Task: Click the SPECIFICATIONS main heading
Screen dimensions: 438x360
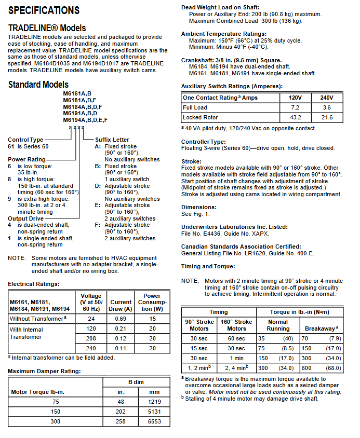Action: (44, 10)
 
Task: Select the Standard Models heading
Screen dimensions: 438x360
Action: (38, 85)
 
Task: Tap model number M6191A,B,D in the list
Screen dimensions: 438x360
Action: (81, 113)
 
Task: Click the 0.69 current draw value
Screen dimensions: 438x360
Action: (121, 319)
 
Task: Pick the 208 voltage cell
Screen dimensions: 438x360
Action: (91, 338)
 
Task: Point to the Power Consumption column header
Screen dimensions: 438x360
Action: (152, 302)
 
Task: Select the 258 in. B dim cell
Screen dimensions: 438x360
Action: (120, 422)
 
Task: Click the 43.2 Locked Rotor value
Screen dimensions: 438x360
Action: (295, 118)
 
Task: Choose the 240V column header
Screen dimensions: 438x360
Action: (327, 98)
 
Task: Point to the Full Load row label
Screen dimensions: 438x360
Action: (195, 107)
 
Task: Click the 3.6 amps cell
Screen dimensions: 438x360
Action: (327, 107)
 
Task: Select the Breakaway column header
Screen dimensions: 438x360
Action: (322, 328)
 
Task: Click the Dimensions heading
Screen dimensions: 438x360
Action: (199, 207)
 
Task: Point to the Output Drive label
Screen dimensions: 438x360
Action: (25, 218)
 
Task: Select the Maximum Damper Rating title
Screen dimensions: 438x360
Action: (44, 371)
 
